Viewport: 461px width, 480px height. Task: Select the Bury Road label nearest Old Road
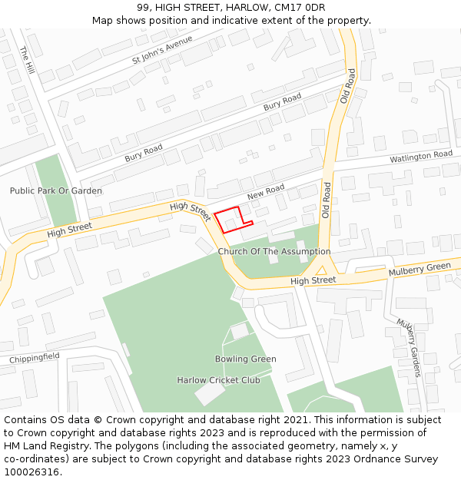click(x=282, y=102)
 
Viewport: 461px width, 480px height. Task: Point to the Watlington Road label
click(x=420, y=156)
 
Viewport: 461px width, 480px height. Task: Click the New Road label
click(x=266, y=192)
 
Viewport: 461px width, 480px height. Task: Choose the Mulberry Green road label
click(x=420, y=270)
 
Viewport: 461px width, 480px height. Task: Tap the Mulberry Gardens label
click(x=410, y=347)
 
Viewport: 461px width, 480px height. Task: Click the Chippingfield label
click(x=35, y=358)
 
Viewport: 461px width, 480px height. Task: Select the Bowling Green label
click(x=245, y=359)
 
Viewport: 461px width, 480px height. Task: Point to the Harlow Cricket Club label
click(x=218, y=380)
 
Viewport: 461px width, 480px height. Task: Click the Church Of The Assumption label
click(x=274, y=251)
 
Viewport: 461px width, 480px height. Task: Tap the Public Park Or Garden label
click(x=55, y=190)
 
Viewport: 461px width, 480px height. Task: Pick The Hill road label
click(x=28, y=59)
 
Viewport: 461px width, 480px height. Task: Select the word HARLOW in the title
click(x=247, y=7)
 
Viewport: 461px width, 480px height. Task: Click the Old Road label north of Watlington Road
click(x=350, y=85)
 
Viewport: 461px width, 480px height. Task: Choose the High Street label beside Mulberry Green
click(x=313, y=281)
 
